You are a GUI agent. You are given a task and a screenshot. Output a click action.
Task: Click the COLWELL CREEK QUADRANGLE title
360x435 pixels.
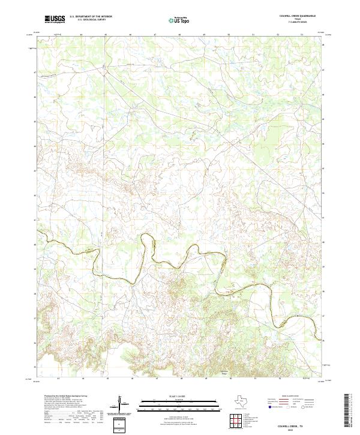(308, 16)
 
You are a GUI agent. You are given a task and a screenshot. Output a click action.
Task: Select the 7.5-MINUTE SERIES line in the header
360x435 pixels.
(308, 23)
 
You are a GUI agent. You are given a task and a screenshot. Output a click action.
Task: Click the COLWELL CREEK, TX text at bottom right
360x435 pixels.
(307, 423)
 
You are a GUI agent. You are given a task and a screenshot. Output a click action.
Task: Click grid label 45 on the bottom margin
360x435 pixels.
(106, 379)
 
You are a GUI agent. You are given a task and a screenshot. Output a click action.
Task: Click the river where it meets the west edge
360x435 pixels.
(38, 231)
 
